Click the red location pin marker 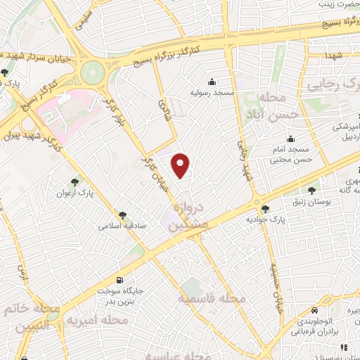pyautogui.click(x=181, y=165)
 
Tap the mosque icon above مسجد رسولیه pyautogui.click(x=212, y=81)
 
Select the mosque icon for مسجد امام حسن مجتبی pyautogui.click(x=290, y=139)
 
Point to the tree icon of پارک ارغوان pyautogui.click(x=75, y=181)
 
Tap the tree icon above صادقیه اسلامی pyautogui.click(x=122, y=215)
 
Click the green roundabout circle pyautogui.click(x=91, y=72)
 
